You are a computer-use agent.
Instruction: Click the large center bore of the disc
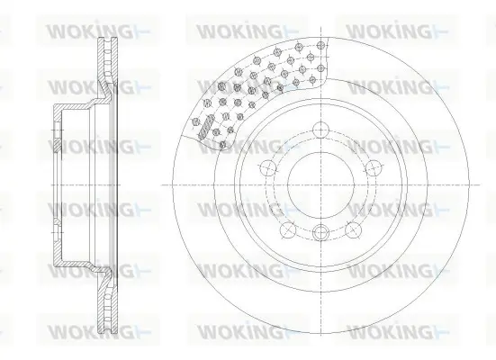point(320,184)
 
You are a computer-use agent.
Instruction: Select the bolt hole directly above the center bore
point(320,130)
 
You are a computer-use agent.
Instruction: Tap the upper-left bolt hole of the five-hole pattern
point(268,167)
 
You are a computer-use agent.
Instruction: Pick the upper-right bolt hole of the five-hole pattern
point(374,167)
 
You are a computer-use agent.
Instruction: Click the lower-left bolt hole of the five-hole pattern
point(288,230)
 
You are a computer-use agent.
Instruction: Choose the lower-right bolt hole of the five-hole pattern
point(353,230)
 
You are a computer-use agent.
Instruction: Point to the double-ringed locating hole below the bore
point(320,232)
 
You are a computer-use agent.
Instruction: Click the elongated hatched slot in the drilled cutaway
point(206,127)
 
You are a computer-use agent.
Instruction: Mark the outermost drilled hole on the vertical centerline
point(320,46)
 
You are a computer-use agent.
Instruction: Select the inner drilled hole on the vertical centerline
point(320,67)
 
